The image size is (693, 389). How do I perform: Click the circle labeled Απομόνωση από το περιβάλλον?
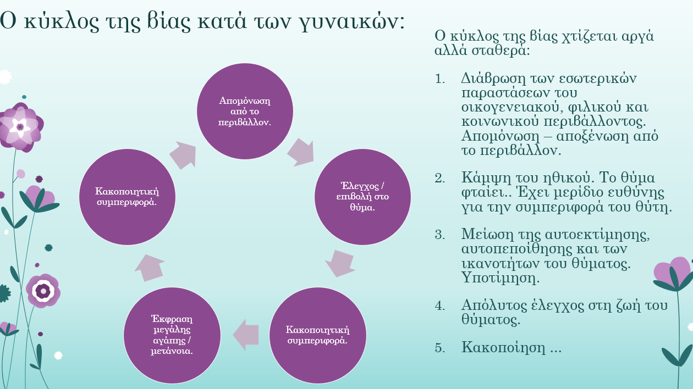pyautogui.click(x=245, y=111)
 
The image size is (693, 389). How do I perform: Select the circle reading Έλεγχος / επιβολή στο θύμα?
pyautogui.click(x=362, y=197)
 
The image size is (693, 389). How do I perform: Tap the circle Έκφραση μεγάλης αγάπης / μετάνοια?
pyautogui.click(x=172, y=335)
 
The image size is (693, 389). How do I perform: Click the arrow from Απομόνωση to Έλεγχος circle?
pyautogui.click(x=301, y=152)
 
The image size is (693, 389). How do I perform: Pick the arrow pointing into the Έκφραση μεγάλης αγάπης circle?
pyautogui.click(x=246, y=335)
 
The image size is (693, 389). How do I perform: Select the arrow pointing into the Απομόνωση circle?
pyautogui.click(x=183, y=155)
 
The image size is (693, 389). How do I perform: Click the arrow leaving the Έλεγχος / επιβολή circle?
pyautogui.click(x=340, y=264)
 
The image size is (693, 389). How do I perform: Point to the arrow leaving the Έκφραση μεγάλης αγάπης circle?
pyautogui.click(x=150, y=268)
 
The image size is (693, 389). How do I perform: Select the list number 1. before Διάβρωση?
pyautogui.click(x=439, y=79)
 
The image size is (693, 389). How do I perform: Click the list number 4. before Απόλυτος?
pyautogui.click(x=439, y=305)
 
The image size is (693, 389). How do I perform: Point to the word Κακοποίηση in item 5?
pyautogui.click(x=503, y=347)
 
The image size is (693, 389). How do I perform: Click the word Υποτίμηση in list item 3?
pyautogui.click(x=501, y=278)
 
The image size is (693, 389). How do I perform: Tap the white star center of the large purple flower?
pyautogui.click(x=20, y=127)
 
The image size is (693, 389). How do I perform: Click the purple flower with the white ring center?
pyautogui.click(x=43, y=291)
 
